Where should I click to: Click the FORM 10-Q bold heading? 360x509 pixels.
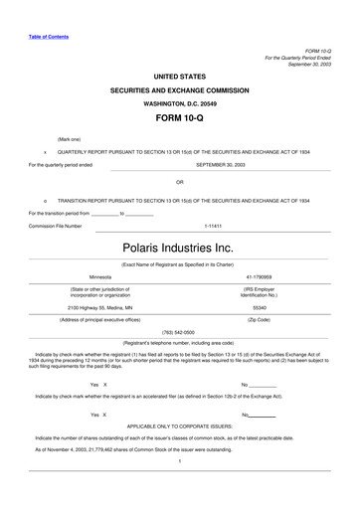click(179, 117)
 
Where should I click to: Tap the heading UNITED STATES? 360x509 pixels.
click(179, 76)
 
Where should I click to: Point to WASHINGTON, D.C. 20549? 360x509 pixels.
click(179, 102)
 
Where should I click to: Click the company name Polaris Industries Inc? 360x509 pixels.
click(179, 245)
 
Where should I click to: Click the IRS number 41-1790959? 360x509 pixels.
click(258, 276)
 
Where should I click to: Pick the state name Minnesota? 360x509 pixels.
click(100, 276)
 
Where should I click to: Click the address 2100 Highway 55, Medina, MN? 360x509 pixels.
click(100, 308)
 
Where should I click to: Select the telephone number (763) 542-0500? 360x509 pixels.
click(179, 331)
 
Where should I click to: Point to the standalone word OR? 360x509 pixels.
click(179, 182)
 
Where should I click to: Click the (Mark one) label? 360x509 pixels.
click(70, 139)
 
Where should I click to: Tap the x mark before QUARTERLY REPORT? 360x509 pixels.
click(46, 152)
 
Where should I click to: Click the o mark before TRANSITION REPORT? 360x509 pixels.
click(46, 200)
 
